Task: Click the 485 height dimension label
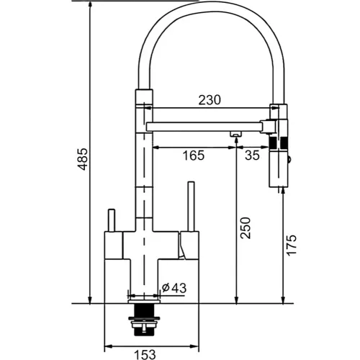coord(84,159)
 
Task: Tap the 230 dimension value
coord(210,100)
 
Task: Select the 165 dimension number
coord(194,156)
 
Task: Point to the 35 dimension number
coord(252,155)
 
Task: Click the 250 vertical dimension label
coord(246,228)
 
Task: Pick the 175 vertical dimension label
coord(292,246)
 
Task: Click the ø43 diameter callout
coord(174,288)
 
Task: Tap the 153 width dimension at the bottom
coord(145,355)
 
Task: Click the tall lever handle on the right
coord(191,207)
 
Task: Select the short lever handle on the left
coord(112,220)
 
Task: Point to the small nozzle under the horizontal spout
coord(235,134)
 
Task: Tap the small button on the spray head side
coord(289,159)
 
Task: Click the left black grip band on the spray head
coord(272,143)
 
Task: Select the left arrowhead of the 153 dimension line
coord(108,346)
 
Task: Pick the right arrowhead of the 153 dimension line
coord(194,346)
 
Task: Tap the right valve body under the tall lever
coord(189,246)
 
